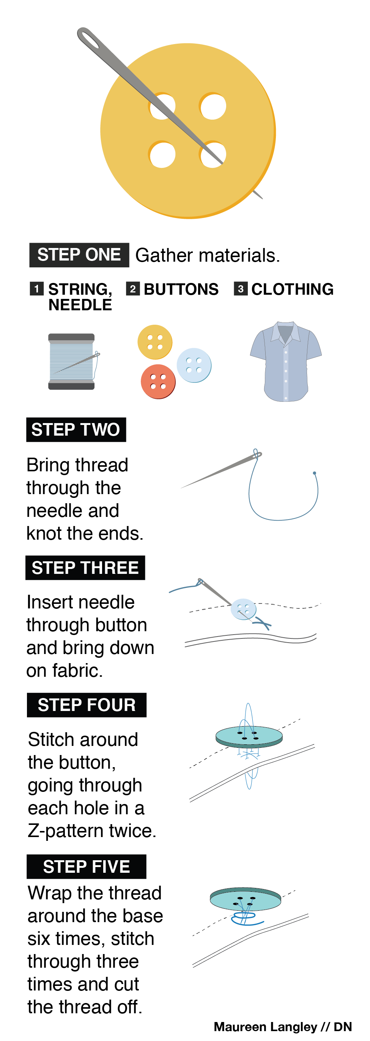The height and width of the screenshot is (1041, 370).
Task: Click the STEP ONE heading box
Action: coord(79,255)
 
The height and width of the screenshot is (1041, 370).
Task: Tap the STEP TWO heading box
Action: coord(76,430)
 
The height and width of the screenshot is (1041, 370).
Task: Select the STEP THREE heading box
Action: coord(85,568)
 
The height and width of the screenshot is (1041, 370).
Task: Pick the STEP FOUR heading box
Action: coord(87,705)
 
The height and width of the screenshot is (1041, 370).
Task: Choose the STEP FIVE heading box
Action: coord(87,867)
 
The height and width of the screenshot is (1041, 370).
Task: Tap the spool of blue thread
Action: coord(71,362)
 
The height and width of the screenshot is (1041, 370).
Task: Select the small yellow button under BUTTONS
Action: coord(155,342)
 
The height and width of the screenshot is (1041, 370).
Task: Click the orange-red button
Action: coord(158,381)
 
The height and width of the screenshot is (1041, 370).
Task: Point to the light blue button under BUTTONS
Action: coord(194,365)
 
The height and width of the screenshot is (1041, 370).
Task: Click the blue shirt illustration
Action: coord(286,362)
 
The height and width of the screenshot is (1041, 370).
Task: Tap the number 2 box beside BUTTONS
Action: coord(133,289)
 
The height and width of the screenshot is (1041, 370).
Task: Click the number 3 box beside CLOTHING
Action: coord(241,289)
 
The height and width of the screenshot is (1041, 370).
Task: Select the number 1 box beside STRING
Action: coord(37,289)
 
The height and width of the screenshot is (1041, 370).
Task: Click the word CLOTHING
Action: coord(293,289)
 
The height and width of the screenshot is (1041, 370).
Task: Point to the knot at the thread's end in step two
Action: coord(315,473)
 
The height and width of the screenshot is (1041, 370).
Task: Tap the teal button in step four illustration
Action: coord(249,737)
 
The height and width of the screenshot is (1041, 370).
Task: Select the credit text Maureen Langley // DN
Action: coord(283,1027)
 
